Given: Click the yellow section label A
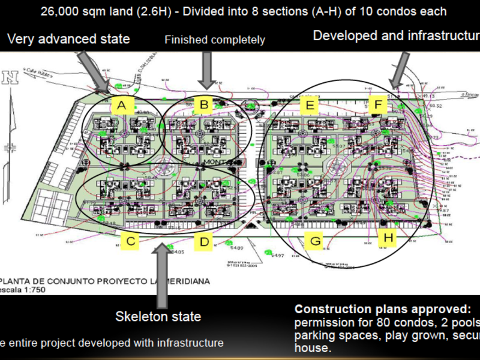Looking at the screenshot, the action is click(122, 106).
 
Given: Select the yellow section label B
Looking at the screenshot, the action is click(205, 106).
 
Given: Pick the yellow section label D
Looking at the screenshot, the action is click(204, 242).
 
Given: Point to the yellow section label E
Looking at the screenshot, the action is click(310, 106).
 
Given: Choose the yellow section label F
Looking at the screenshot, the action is click(379, 106).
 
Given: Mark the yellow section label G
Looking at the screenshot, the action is click(313, 242).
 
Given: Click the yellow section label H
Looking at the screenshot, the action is click(389, 239).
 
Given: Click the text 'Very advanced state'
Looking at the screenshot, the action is click(68, 39).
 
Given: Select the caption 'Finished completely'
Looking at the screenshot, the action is click(214, 40).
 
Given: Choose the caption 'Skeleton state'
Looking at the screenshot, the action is click(158, 316).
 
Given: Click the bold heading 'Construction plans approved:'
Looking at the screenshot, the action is click(383, 310).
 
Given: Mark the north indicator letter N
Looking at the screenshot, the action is click(10, 77).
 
